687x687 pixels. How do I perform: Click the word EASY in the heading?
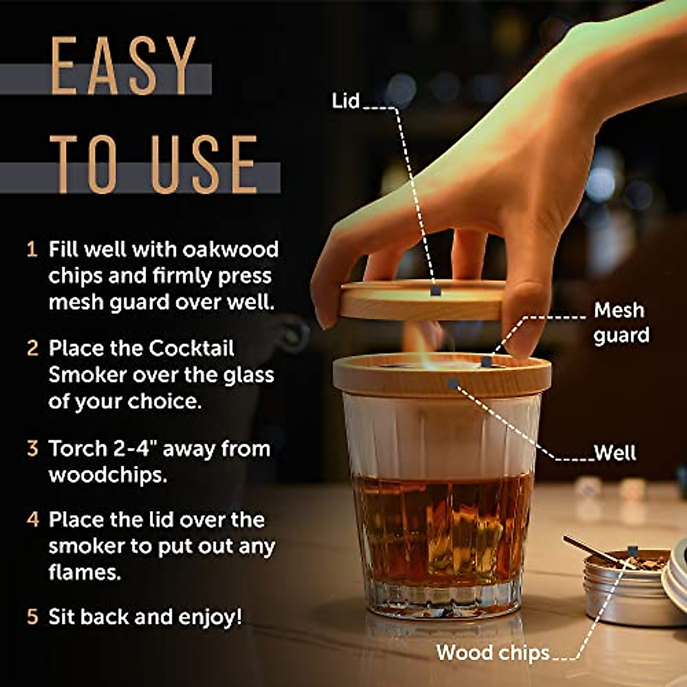(123, 66)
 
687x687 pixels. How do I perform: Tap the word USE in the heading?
(204, 164)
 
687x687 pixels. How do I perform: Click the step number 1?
(32, 250)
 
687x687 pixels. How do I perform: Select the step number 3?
(33, 448)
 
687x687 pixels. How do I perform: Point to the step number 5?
(33, 617)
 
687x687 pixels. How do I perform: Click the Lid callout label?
(345, 101)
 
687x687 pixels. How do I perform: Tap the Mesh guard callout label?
(621, 322)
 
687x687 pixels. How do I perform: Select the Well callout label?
(615, 453)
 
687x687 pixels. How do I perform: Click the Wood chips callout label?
(492, 652)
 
